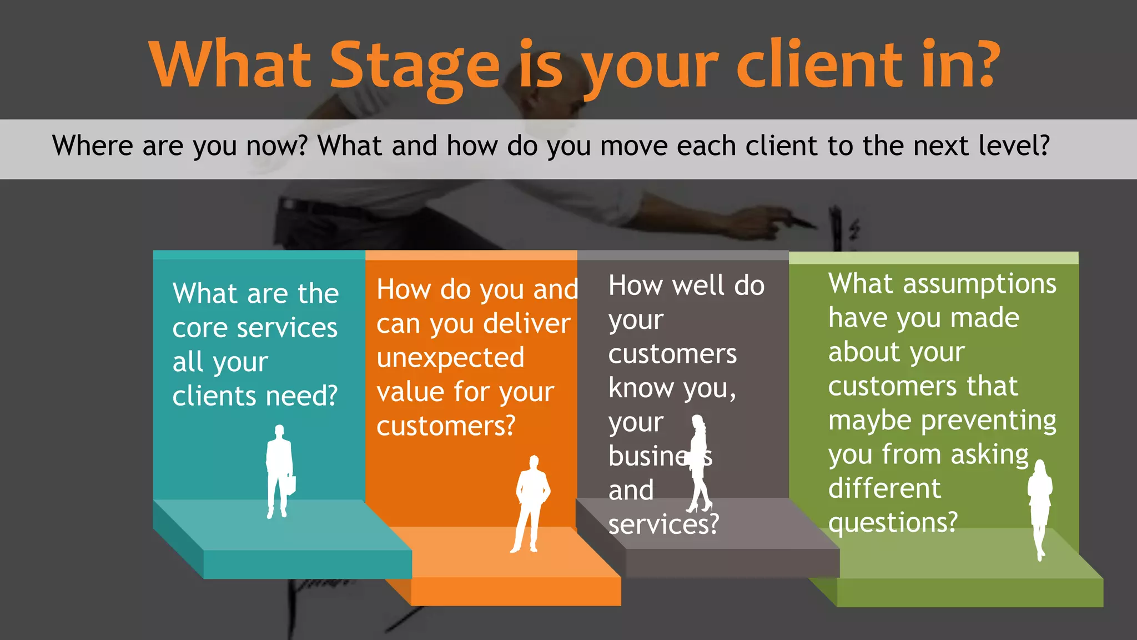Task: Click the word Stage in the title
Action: click(415, 66)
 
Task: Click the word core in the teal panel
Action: click(199, 328)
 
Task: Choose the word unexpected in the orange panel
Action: click(450, 358)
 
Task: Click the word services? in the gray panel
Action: click(663, 524)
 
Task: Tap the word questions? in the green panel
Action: click(893, 522)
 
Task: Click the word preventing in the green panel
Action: click(989, 421)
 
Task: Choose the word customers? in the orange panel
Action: click(446, 426)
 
